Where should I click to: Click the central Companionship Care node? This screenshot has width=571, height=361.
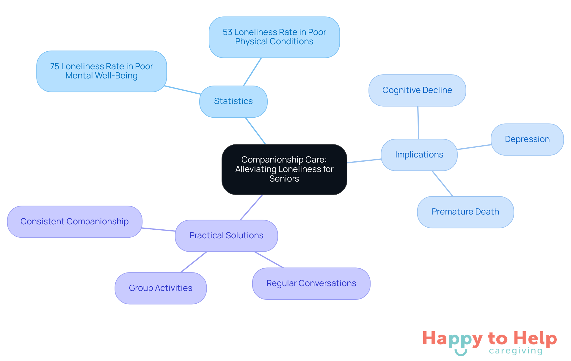pos(284,169)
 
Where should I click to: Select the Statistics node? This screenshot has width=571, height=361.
pos(233,101)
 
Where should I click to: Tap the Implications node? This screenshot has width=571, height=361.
pos(419,155)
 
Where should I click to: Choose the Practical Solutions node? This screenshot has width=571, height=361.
pos(226,236)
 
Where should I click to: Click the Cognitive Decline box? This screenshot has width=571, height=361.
pos(417,90)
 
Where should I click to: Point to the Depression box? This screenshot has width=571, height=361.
pos(527,139)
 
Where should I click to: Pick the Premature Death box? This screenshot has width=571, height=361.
pos(465,212)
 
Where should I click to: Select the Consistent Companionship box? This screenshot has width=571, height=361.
pos(75,222)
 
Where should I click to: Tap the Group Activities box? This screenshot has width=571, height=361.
pos(161,288)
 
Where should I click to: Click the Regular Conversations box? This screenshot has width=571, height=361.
pos(311,283)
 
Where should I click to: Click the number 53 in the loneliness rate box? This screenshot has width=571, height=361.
pos(228,32)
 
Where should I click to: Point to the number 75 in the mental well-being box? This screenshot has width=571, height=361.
pos(54,66)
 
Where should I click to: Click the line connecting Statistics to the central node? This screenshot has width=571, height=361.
pos(255,131)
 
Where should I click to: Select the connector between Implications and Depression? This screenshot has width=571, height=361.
pos(474,147)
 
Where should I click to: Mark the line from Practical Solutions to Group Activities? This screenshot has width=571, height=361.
pos(194,262)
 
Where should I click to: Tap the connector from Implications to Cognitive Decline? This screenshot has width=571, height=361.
pos(418,122)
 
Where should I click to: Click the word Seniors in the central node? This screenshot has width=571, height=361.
pos(284,179)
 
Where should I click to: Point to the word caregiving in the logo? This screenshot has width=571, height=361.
pos(516,351)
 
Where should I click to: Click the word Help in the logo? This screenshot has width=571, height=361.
pos(535,338)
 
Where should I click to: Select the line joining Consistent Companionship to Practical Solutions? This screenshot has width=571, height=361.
pos(159,229)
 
